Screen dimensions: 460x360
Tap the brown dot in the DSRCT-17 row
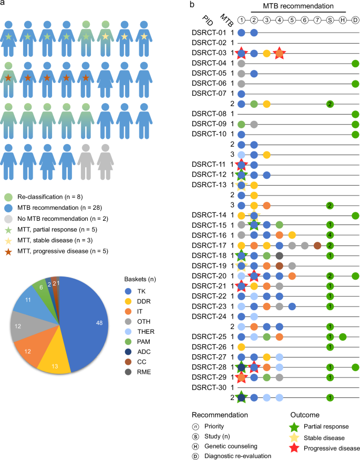[x=317, y=245]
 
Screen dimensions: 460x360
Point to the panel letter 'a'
[x=4, y=5]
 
